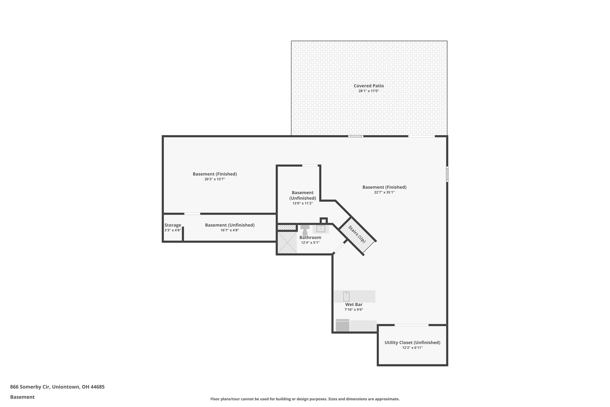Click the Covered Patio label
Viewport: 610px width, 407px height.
point(368,86)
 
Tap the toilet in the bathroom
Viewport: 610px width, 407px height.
point(305,230)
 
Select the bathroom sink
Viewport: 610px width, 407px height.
point(320,229)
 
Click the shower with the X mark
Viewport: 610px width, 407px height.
point(287,242)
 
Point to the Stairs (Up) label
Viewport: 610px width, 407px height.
point(357,235)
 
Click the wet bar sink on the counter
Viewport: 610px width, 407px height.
point(346,296)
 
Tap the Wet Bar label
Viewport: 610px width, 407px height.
point(354,304)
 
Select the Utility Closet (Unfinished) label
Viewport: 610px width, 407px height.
point(412,343)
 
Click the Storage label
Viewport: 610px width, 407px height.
point(173,225)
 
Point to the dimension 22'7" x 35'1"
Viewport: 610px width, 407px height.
point(384,192)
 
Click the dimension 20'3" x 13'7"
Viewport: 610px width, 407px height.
point(214,179)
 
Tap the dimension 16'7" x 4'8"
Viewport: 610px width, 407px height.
point(230,230)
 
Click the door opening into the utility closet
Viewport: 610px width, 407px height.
point(412,325)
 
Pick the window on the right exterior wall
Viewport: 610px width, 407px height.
point(447,174)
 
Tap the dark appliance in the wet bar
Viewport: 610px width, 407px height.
point(342,326)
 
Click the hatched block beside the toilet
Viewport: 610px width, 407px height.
point(287,228)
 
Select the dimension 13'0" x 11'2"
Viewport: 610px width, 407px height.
point(302,203)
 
